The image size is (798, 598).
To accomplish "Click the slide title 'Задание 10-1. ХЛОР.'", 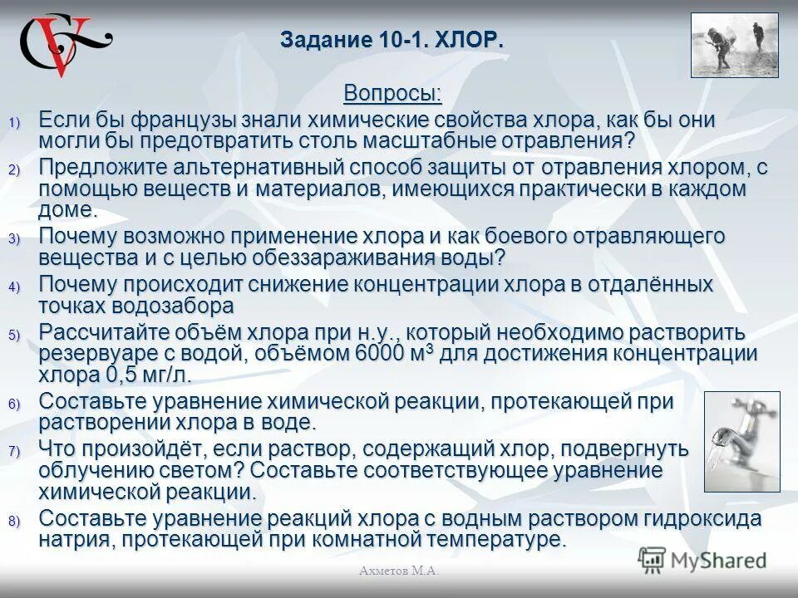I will (392, 40).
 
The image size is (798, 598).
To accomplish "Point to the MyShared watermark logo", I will (702, 560).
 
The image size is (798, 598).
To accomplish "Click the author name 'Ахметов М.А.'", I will (399, 571).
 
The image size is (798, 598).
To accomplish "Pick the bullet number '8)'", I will (14, 522).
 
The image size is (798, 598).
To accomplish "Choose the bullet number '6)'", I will (14, 404).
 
